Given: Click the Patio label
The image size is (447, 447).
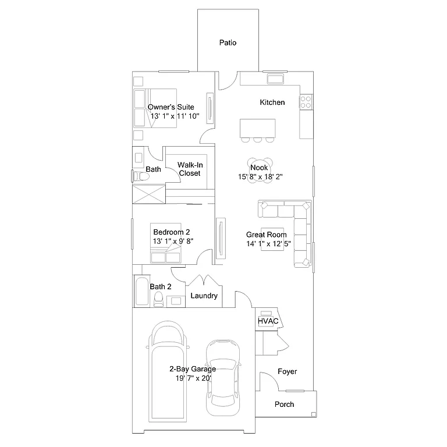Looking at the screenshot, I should coord(228,42).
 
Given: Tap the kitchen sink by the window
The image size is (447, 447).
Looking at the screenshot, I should coord(275,79).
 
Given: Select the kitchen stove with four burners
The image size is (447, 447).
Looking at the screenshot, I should coord(306,102).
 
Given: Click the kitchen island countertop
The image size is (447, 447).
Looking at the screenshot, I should coord(258,127).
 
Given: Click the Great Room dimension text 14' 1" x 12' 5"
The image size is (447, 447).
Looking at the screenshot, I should coord(268,244).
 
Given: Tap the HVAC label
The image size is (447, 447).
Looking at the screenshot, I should coord(268,321).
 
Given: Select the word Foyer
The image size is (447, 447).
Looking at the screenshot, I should coord(288,371).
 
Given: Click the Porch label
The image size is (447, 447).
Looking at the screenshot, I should coord(284,404).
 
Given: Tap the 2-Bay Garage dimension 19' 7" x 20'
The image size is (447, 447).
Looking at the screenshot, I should coord(193,378).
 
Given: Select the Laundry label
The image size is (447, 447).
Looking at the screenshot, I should coord(204,296).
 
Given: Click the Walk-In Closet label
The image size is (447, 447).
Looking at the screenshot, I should coord(189,169).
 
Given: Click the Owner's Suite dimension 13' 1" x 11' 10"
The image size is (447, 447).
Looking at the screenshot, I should coord(175,116).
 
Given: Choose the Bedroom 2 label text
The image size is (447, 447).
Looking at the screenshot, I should coord(172,232).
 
